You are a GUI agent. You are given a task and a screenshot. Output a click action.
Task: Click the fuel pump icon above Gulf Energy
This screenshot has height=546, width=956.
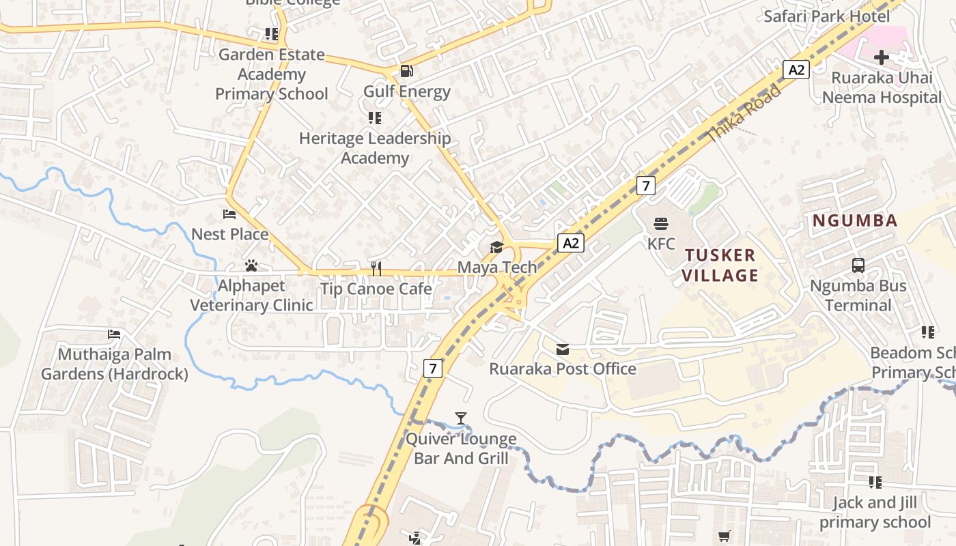coord(406,70)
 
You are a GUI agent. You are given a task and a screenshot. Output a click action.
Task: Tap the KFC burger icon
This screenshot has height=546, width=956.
coord(660,223)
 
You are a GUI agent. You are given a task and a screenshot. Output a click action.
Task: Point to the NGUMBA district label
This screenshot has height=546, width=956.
coord(854,220)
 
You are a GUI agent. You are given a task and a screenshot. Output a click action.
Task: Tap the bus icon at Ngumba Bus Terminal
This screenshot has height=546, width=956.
coord(858,265)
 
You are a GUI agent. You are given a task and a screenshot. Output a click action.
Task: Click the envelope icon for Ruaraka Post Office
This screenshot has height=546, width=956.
coord(563,349)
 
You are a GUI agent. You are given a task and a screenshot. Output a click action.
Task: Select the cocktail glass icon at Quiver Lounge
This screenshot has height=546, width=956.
coord(461,418)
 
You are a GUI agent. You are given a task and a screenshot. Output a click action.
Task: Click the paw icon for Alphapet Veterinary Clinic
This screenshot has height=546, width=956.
coord(251,265)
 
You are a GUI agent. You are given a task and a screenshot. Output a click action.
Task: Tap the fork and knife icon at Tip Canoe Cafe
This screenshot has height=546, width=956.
coord(376,268)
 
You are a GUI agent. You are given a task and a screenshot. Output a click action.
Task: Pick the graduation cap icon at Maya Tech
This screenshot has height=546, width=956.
coord(496,247)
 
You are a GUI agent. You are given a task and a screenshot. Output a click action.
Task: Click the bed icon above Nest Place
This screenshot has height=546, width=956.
coord(229,214)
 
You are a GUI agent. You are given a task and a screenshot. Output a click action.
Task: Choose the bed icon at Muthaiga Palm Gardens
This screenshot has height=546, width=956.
coord(114,334)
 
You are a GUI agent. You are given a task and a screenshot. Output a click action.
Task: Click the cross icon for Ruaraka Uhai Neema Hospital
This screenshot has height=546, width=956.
coord(881,57)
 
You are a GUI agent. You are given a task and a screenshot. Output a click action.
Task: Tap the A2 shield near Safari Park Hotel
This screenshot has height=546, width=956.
coord(796,70)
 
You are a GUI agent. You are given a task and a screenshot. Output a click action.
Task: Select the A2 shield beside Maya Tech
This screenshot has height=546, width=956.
coord(571,243)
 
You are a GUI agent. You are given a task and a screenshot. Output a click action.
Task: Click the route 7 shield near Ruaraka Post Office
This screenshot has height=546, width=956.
coord(433,369)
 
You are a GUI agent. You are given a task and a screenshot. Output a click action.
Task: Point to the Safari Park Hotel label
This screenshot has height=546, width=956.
coord(826,16)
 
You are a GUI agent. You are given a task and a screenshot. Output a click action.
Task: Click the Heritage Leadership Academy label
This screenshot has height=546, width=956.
coord(375,148)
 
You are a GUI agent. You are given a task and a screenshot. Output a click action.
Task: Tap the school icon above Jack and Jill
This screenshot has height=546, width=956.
coord(875,483)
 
